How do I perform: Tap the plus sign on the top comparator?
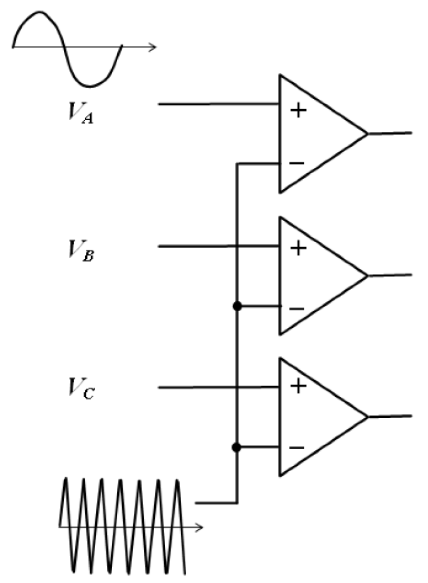pyautogui.click(x=298, y=111)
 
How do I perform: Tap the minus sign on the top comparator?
pyautogui.click(x=297, y=163)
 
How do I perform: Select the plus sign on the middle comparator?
pyautogui.click(x=298, y=248)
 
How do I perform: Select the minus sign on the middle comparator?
pyautogui.click(x=297, y=309)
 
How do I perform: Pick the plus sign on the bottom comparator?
pyautogui.click(x=298, y=386)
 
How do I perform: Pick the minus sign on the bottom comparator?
pyautogui.click(x=297, y=448)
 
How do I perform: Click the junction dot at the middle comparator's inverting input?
pyautogui.click(x=237, y=306)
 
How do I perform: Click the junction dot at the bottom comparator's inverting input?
pyautogui.click(x=237, y=447)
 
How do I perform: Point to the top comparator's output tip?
pyautogui.click(x=367, y=133)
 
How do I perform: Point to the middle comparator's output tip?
pyautogui.click(x=367, y=276)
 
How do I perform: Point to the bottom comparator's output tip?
pyautogui.click(x=368, y=417)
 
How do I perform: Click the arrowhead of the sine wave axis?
pyautogui.click(x=153, y=47)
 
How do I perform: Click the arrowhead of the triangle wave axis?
pyautogui.click(x=200, y=527)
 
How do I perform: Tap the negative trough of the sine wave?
pyautogui.click(x=89, y=86)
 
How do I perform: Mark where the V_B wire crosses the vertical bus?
pyautogui.click(x=237, y=247)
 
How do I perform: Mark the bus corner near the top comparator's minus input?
pyautogui.click(x=237, y=164)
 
